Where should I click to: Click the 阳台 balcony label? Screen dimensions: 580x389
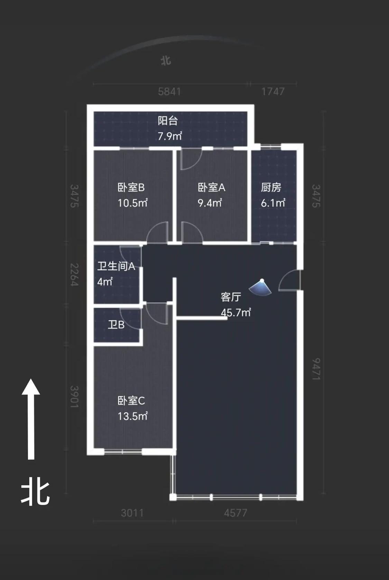(168, 121)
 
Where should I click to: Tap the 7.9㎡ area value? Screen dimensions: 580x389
(170, 136)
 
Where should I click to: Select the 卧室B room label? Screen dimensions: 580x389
(131, 188)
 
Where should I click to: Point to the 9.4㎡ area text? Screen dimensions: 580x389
(210, 203)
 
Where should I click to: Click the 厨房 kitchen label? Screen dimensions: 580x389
(271, 188)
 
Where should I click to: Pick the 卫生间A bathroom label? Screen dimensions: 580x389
(116, 266)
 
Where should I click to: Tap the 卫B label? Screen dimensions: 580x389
(116, 325)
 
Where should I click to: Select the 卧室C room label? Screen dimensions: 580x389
(131, 401)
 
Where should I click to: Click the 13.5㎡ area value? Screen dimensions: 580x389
(133, 416)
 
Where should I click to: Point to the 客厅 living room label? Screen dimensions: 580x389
(231, 297)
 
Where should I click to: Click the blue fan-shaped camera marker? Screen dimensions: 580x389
(260, 287)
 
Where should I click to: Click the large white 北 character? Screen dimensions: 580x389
(35, 493)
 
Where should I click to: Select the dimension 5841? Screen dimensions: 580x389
(169, 92)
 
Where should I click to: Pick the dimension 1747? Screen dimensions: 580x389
(273, 92)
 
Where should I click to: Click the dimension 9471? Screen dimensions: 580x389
(316, 369)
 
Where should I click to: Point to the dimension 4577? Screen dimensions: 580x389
(235, 513)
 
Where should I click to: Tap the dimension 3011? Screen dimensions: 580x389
(132, 513)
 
